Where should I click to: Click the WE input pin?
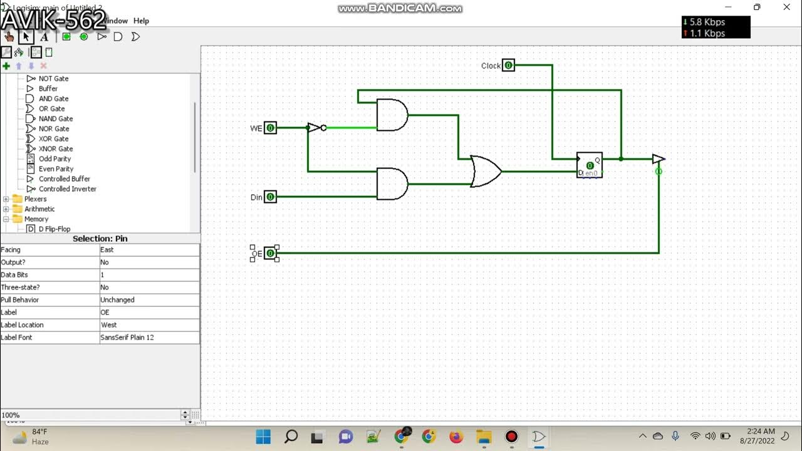pos(270,128)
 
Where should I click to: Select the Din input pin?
pos(270,197)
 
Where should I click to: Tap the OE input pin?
pos(270,253)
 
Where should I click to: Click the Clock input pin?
pos(508,65)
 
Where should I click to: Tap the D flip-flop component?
pos(590,165)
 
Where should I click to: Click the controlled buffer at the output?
pos(659,159)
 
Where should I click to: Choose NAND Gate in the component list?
pos(56,118)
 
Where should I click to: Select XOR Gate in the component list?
pos(54,138)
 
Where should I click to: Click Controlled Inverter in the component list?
pos(68,189)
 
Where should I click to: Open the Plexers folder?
pos(35,199)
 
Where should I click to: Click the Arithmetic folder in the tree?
pos(39,209)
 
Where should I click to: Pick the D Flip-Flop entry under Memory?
pos(55,229)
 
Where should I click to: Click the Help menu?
pos(141,21)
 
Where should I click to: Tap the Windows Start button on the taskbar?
pos(263,437)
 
